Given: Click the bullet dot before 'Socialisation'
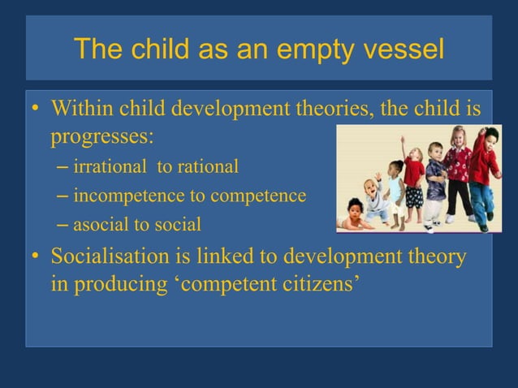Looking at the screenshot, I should point(37,259).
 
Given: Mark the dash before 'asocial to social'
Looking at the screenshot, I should point(63,223).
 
